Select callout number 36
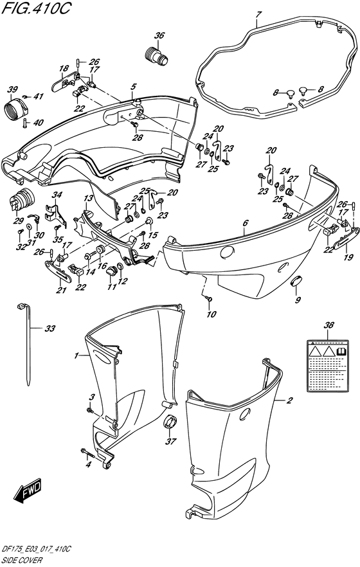pos(159,35)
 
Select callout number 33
pos(50,329)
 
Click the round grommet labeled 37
pos(172,424)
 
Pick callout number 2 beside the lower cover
pos(289,401)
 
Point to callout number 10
pos(211,314)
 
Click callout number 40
pos(38,123)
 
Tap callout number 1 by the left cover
pos(76,355)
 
